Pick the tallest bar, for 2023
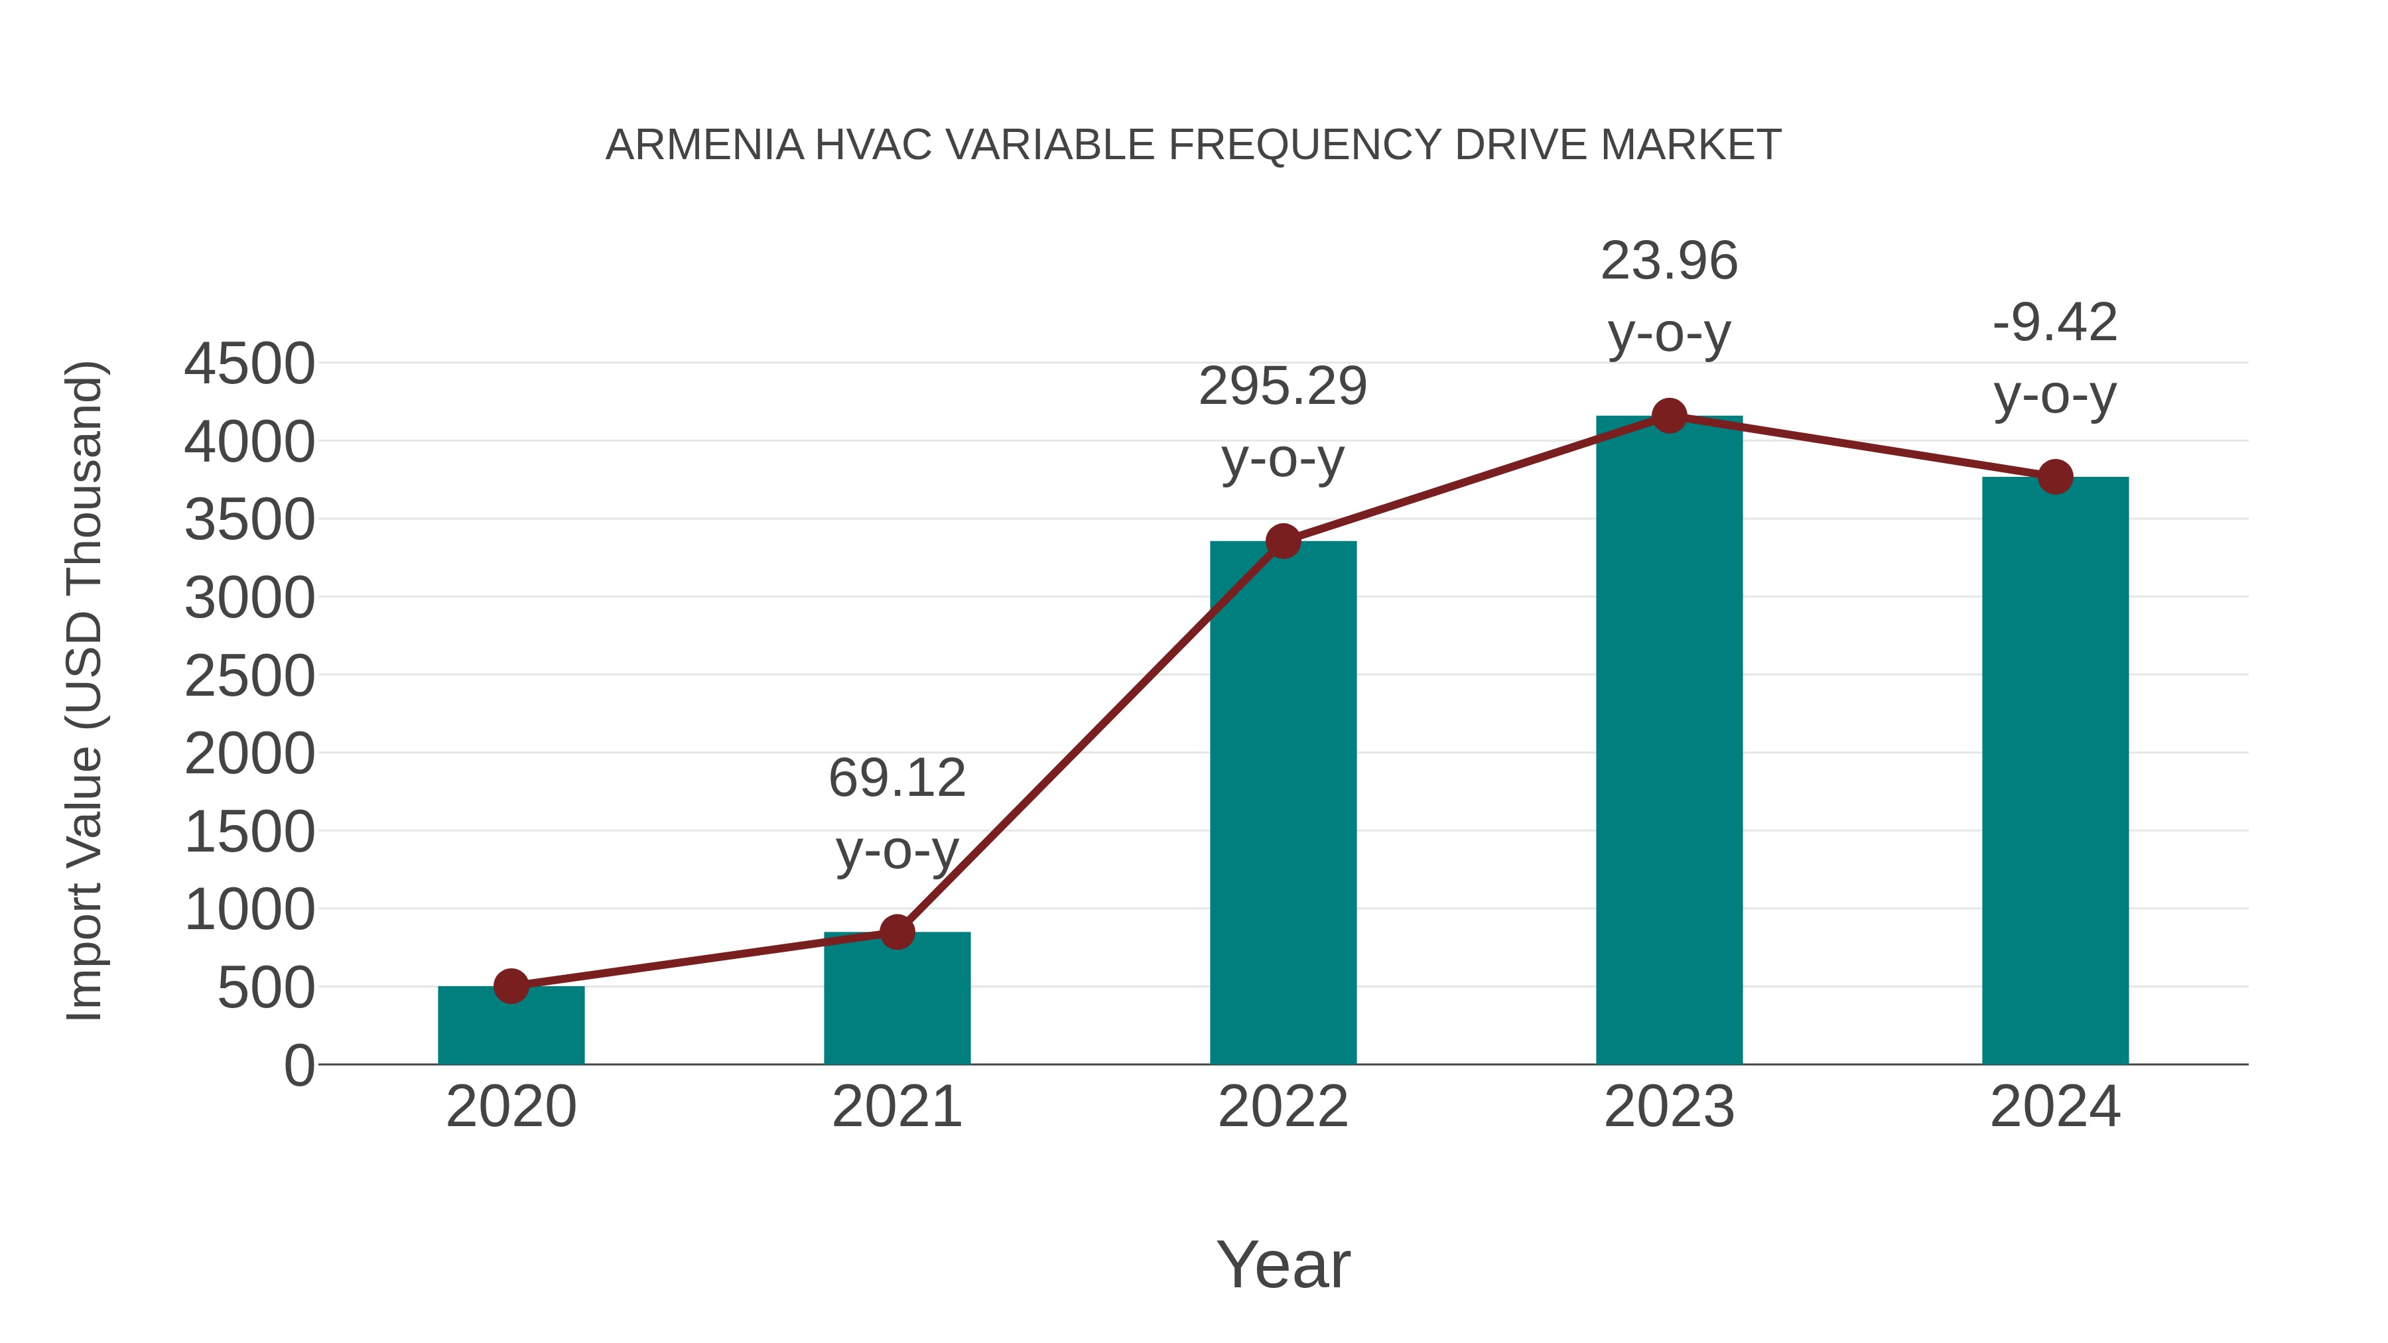1669,741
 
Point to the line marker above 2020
511,986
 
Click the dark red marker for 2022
1283,541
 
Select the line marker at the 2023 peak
1669,416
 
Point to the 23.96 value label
1669,261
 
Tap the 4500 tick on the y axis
249,364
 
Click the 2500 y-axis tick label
249,676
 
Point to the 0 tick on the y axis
298,1066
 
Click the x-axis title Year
1283,1264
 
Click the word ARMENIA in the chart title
704,145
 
